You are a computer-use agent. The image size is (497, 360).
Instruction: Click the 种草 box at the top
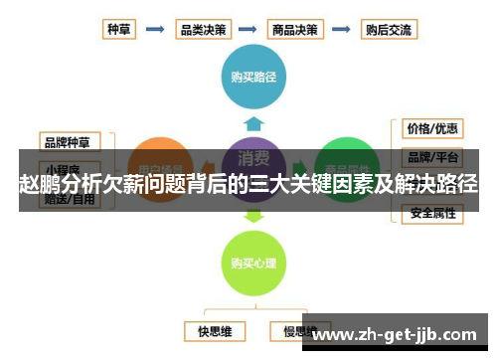pos(120,29)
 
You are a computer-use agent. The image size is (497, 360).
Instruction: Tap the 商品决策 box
pos(295,29)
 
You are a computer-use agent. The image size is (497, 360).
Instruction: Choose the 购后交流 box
pos(389,29)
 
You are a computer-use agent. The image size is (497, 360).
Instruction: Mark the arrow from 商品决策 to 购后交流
pos(341,29)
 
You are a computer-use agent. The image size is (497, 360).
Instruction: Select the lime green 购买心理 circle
pos(253,263)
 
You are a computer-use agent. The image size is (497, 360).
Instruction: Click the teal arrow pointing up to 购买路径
pos(253,123)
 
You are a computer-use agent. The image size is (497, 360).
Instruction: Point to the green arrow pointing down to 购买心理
pos(253,213)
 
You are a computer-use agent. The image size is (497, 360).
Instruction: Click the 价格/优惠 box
pos(432,128)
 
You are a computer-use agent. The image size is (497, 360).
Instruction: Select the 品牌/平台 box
pos(432,156)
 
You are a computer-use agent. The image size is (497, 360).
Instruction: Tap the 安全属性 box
pos(432,213)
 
